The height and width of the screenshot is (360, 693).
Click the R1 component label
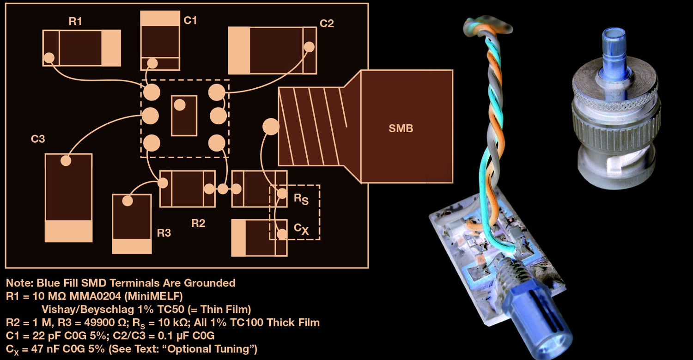tap(75, 21)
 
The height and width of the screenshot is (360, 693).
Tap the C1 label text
tap(190, 20)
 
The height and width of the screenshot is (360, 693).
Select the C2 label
tap(327, 23)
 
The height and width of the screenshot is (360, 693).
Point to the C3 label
tap(38, 138)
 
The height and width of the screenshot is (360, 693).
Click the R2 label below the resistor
tap(198, 223)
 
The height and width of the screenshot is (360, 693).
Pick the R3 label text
tap(164, 233)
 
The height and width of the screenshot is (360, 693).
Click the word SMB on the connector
tap(401, 128)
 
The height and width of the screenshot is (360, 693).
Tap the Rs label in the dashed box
tap(300, 199)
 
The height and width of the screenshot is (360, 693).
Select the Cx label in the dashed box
tap(301, 228)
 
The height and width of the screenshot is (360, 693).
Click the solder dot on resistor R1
tap(49, 58)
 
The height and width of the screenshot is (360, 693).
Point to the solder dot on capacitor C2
tap(309, 47)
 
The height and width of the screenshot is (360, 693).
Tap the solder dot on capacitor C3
tap(66, 160)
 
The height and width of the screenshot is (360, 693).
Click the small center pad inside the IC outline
tap(180, 105)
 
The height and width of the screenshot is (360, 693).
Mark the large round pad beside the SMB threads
tap(270, 126)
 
